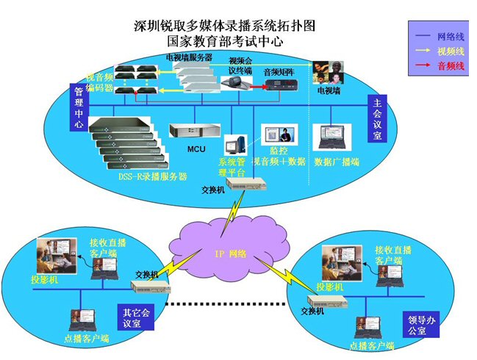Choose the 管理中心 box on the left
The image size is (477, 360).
pos(78,107)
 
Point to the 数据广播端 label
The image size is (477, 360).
pos(336,162)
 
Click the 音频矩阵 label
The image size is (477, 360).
pos(279,73)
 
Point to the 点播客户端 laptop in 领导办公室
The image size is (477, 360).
pos(366,326)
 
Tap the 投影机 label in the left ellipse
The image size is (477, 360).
pos(45,280)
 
